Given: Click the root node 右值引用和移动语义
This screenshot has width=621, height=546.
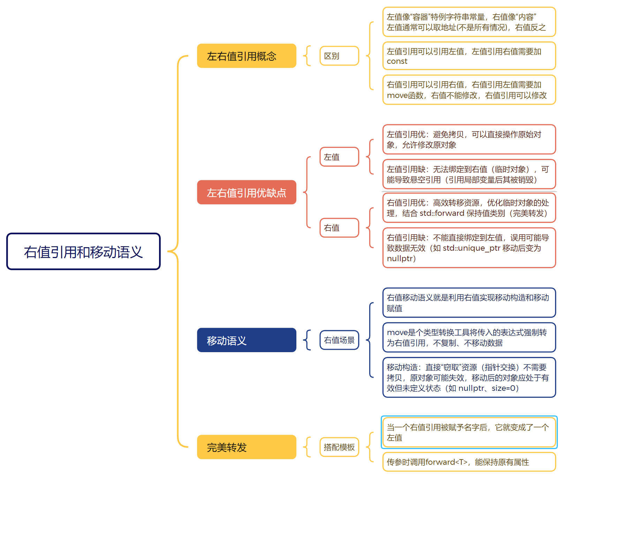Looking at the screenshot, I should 83,251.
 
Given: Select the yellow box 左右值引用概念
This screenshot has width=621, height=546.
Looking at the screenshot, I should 247,56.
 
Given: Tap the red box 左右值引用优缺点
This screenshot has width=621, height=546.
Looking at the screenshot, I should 247,192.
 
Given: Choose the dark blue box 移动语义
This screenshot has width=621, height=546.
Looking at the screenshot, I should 247,340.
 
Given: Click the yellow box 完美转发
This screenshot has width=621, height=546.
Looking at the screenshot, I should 247,447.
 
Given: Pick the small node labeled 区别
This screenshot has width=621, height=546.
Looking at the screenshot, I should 339,56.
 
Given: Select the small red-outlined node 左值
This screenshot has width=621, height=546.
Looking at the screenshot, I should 339,157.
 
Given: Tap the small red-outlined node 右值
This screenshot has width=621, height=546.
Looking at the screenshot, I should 339,228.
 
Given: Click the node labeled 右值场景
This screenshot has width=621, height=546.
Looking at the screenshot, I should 339,340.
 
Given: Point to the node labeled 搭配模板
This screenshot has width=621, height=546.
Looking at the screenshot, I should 339,447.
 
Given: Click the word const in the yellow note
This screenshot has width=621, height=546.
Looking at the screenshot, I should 397,61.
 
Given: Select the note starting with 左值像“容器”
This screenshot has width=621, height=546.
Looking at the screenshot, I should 469,22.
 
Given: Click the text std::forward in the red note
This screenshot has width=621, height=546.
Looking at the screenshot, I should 442,213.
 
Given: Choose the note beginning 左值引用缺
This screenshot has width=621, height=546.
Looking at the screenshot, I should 469,174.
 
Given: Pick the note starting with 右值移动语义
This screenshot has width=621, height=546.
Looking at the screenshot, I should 469,303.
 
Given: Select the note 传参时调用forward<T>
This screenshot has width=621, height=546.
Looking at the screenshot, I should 469,462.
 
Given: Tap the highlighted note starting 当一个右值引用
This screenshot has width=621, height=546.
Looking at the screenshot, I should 469,432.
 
